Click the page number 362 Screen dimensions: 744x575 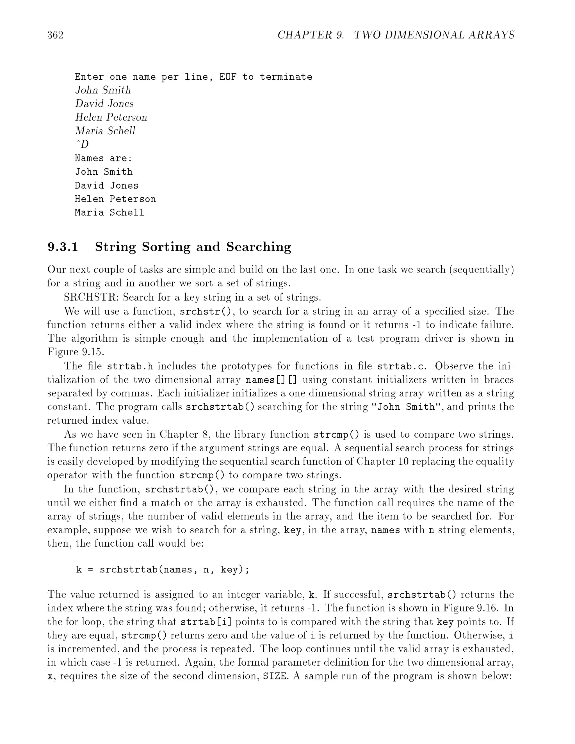pos(55,35)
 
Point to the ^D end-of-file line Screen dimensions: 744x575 pos(82,144)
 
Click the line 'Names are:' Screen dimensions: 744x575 pos(103,158)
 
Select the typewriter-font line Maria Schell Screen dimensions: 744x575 pos(109,213)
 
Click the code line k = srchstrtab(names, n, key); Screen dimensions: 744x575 pos(163,570)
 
